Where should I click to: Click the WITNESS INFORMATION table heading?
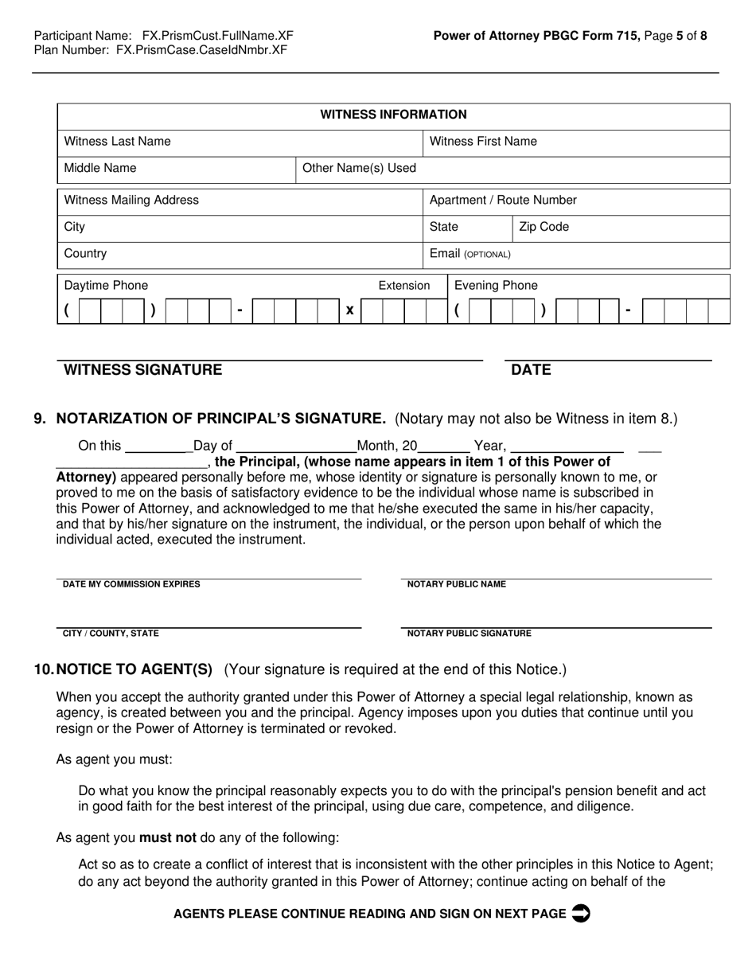click(393, 115)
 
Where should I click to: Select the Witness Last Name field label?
click(117, 142)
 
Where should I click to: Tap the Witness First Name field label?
click(483, 142)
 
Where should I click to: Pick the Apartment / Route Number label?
click(503, 201)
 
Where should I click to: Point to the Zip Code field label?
click(544, 228)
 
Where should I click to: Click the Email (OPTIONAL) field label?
click(470, 254)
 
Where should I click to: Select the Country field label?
click(85, 254)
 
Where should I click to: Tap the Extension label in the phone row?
click(403, 286)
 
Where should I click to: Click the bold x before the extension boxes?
click(349, 310)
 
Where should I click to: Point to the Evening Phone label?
click(495, 286)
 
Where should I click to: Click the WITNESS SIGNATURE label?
click(143, 370)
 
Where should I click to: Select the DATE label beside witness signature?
click(531, 370)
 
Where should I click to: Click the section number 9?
click(40, 419)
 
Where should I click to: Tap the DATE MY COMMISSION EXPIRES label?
click(131, 584)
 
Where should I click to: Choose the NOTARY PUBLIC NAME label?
click(456, 584)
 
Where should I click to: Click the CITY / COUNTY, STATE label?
click(111, 634)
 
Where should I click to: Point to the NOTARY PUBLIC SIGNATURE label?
click(469, 634)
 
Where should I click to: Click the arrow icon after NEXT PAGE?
click(581, 914)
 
